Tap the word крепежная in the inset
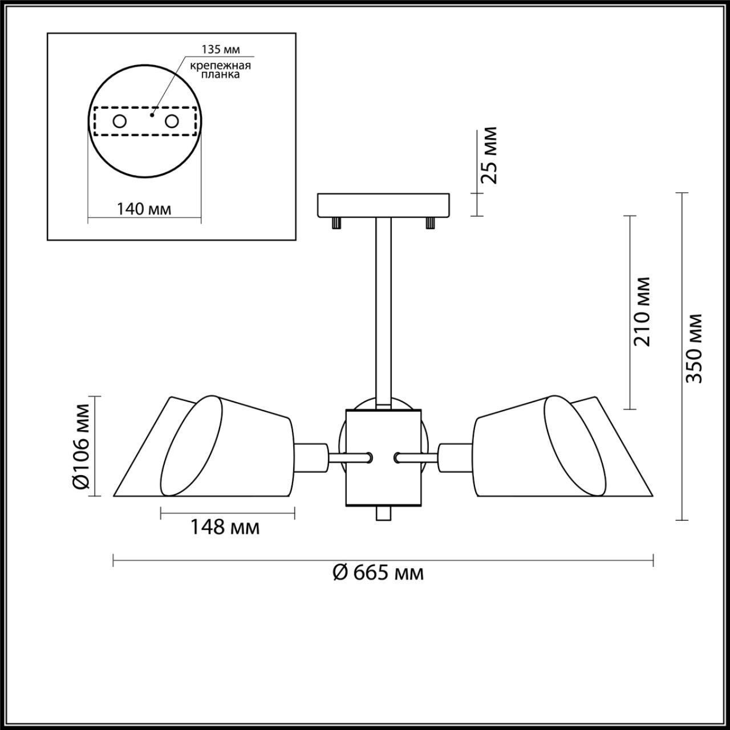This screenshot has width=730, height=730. click(x=221, y=64)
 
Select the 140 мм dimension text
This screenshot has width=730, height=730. click(x=144, y=209)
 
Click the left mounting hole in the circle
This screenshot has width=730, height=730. click(x=120, y=121)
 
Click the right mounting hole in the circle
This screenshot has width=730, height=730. click(x=172, y=121)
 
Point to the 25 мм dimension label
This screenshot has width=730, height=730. click(x=489, y=155)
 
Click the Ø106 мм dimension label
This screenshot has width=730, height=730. click(x=82, y=446)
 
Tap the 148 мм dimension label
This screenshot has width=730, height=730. click(x=225, y=528)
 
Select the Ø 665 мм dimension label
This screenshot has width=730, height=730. click(x=378, y=572)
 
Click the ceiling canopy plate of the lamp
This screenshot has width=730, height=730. click(x=383, y=205)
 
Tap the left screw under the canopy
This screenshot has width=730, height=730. click(x=335, y=223)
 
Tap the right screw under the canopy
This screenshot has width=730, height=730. click(x=430, y=223)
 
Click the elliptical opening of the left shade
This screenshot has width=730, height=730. click(x=192, y=445)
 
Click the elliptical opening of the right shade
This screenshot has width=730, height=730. click(x=575, y=445)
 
